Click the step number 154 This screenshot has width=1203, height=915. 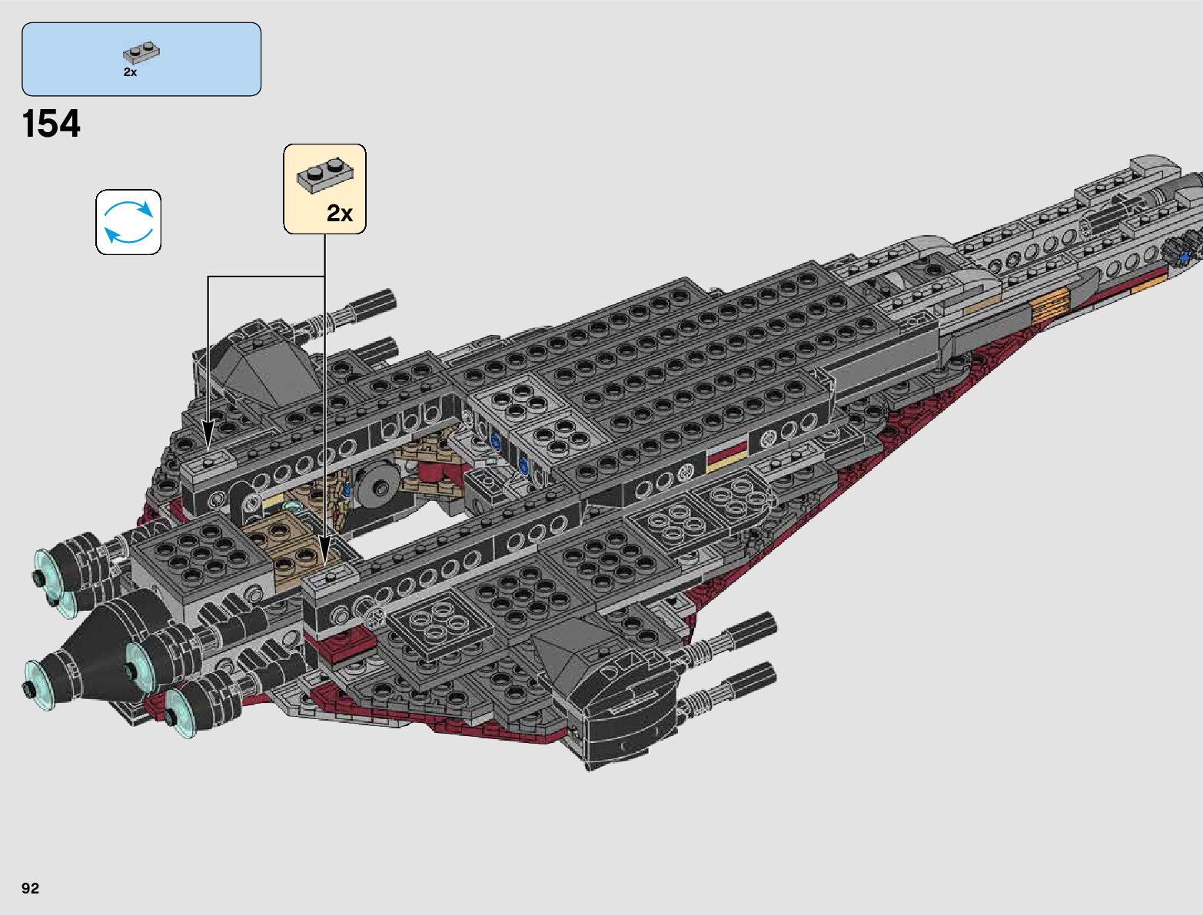pyautogui.click(x=52, y=124)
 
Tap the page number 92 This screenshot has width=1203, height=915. pyautogui.click(x=30, y=888)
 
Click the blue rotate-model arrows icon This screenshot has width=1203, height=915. pyautogui.click(x=128, y=222)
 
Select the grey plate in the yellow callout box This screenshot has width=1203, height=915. pyautogui.click(x=325, y=176)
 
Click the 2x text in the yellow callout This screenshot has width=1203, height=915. pyautogui.click(x=339, y=213)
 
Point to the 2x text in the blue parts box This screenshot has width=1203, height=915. pyautogui.click(x=130, y=72)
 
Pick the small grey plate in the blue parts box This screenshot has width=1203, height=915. pyautogui.click(x=141, y=52)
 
